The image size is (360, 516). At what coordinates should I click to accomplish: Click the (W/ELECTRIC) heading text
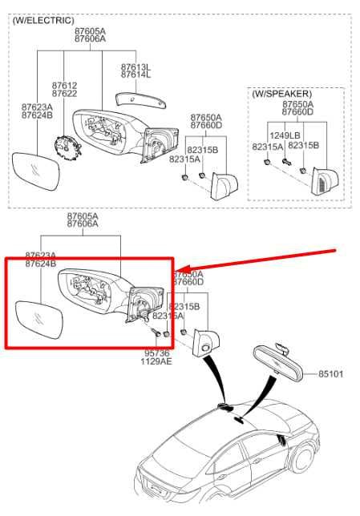coord(42,19)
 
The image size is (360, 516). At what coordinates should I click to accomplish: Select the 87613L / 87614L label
coord(135,71)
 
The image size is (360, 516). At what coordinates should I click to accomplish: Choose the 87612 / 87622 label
coord(65,89)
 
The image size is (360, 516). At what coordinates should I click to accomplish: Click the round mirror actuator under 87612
coord(63,149)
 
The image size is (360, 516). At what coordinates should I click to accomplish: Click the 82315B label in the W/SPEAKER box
coord(304,145)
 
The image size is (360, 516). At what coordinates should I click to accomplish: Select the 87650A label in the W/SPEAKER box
coord(297,104)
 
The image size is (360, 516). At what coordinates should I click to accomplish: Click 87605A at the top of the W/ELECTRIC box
coord(90,30)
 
